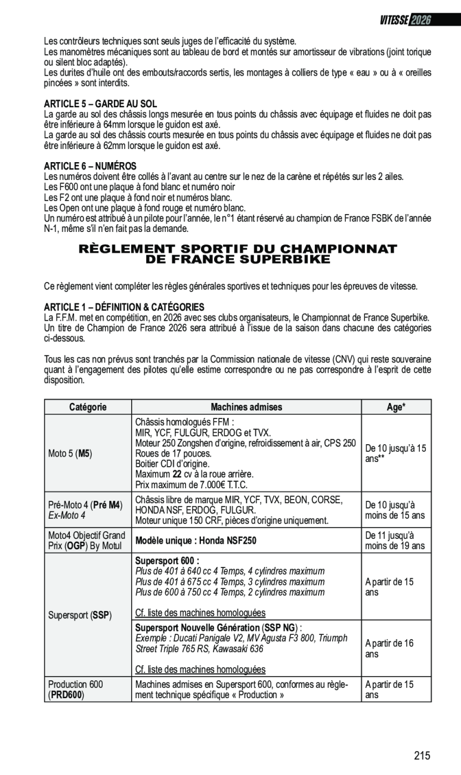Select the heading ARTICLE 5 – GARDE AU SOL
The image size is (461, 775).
pyautogui.click(x=101, y=104)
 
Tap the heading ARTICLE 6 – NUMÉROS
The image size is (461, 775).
pyautogui.click(x=91, y=166)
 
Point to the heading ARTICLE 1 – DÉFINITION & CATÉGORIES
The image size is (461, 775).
pyautogui.click(x=124, y=307)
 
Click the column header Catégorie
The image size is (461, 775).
pyautogui.click(x=88, y=407)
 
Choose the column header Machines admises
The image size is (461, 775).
pyautogui.click(x=246, y=407)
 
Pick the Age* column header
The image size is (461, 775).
pyautogui.click(x=396, y=407)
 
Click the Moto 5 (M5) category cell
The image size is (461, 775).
pyautogui.click(x=70, y=453)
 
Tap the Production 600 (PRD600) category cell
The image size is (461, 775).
pyautogui.click(x=75, y=690)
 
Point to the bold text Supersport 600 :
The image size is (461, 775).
pyautogui.click(x=167, y=562)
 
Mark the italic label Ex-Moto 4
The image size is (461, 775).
pyautogui.click(x=67, y=514)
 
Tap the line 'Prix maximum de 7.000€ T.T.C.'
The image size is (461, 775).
pyautogui.click(x=191, y=485)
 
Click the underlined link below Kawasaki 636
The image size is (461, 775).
pyautogui.click(x=200, y=669)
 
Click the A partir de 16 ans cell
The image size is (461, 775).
pyautogui.click(x=389, y=649)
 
